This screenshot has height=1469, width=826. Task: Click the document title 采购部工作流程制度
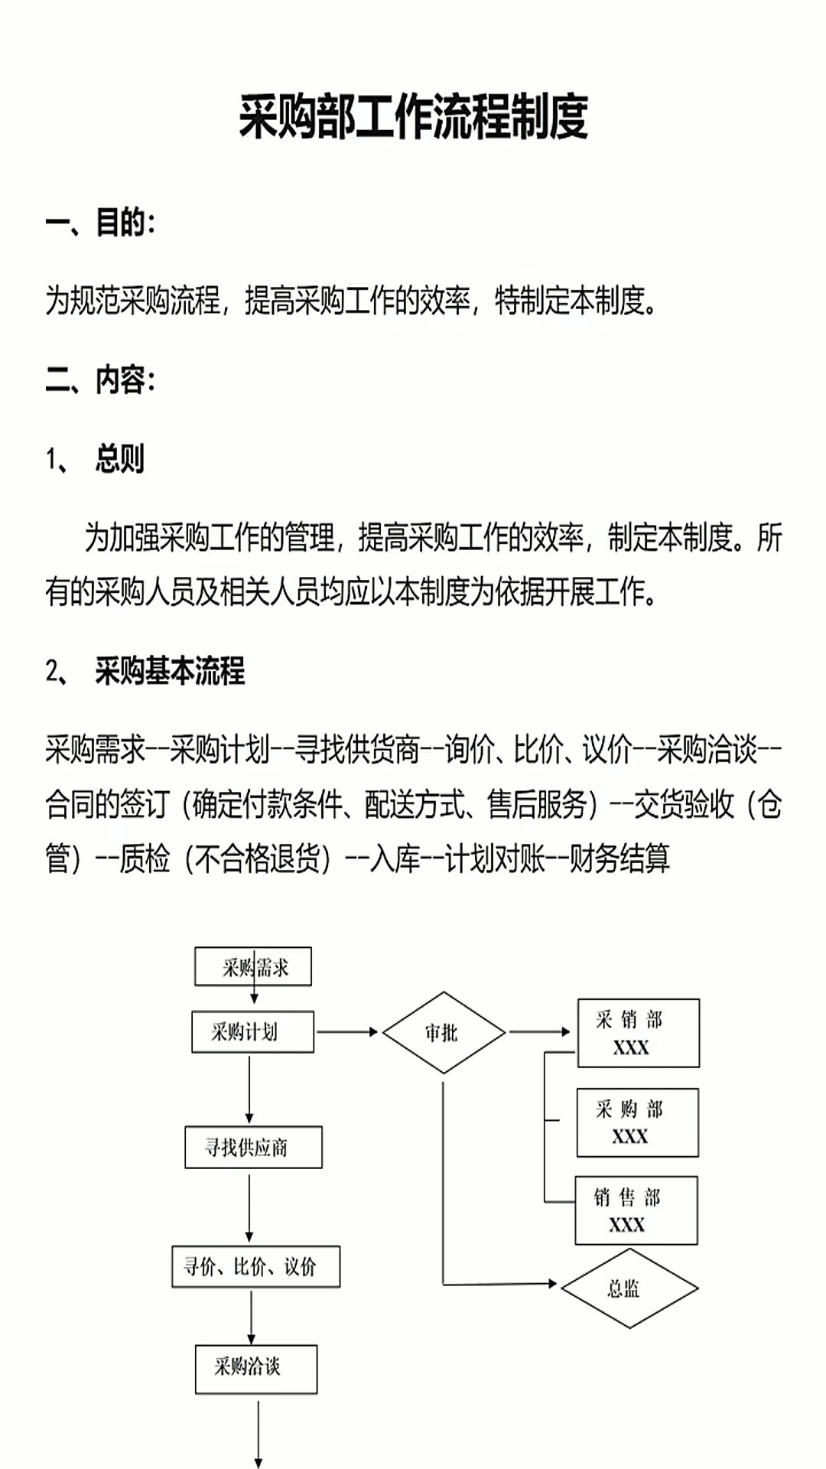point(413,117)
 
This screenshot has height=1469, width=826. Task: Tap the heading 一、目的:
point(100,223)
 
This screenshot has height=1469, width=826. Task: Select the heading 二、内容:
point(100,379)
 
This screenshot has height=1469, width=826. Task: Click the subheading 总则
point(119,459)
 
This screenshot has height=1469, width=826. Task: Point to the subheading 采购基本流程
point(170,671)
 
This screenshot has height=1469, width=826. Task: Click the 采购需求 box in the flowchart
point(253,967)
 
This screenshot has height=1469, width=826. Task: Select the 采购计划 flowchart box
point(252,1032)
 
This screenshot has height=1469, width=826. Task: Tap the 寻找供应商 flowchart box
point(253,1147)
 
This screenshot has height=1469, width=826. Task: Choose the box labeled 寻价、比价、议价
point(255,1267)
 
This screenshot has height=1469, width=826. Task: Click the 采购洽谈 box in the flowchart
point(255,1369)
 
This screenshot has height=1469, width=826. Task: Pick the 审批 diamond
point(444,1033)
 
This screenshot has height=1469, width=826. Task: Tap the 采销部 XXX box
point(638,1033)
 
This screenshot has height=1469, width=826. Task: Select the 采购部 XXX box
point(637,1122)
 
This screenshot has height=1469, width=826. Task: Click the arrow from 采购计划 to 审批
point(347,1032)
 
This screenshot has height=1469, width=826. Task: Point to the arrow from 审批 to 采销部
point(539,1032)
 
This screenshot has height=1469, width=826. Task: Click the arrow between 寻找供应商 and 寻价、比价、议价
point(249,1206)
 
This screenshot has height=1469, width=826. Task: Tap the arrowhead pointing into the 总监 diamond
point(552,1283)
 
